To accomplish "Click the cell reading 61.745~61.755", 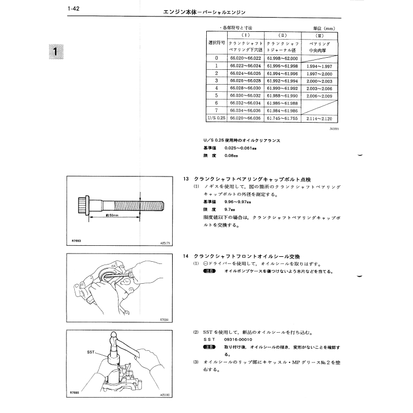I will (282, 118).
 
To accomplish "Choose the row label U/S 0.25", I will (217, 118).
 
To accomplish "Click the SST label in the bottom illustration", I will (91, 351).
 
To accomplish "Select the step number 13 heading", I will (186, 179).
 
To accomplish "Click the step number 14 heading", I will (186, 256).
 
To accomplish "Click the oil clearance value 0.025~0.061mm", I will (241, 148).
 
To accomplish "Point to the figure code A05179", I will (164, 242).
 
